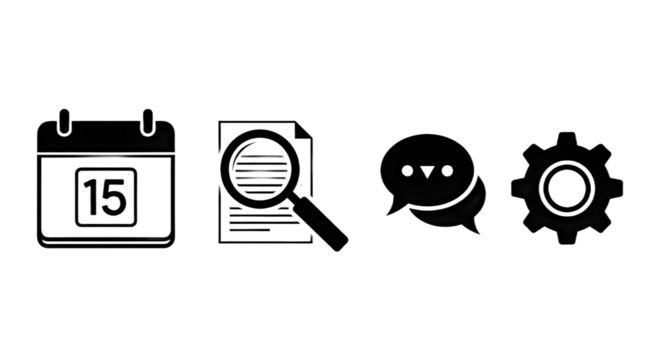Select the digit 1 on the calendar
(91, 196)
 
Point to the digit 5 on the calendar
(114, 196)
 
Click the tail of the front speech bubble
(393, 211)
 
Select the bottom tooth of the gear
(567, 235)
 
